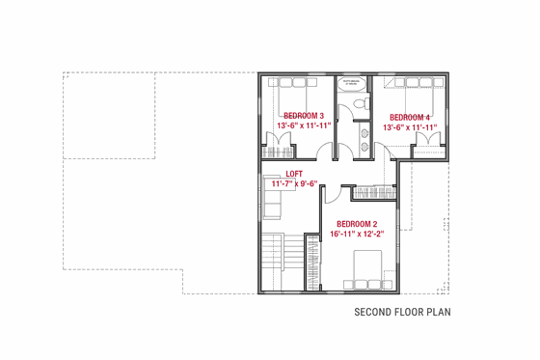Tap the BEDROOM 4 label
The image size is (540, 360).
[x=410, y=116]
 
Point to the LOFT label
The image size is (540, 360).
[x=294, y=173]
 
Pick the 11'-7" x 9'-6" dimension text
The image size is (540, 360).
[x=294, y=183]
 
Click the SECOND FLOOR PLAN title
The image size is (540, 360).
[x=402, y=312]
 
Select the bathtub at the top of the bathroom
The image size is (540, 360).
[x=354, y=84]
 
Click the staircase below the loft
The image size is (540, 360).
[x=276, y=262]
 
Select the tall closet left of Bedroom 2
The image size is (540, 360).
[x=312, y=262]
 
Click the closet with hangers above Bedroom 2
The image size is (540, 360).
[x=374, y=193]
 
